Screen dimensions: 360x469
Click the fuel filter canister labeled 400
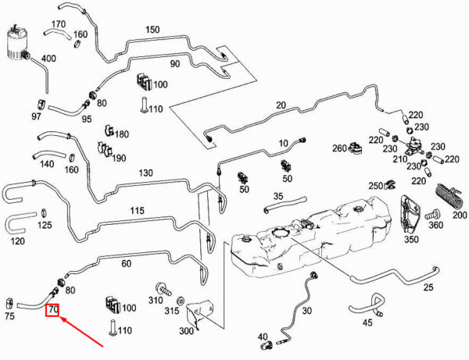[x=19, y=44]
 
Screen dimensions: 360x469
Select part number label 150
[x=152, y=30]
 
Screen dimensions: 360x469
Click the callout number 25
[x=428, y=287]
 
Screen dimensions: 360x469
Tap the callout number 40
[x=263, y=337]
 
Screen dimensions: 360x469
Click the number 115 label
[x=137, y=211]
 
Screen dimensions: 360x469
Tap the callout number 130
[x=145, y=173]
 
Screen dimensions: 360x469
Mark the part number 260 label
[x=338, y=148]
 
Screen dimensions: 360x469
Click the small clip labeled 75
[x=11, y=302]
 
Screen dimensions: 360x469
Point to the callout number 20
[x=281, y=105]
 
